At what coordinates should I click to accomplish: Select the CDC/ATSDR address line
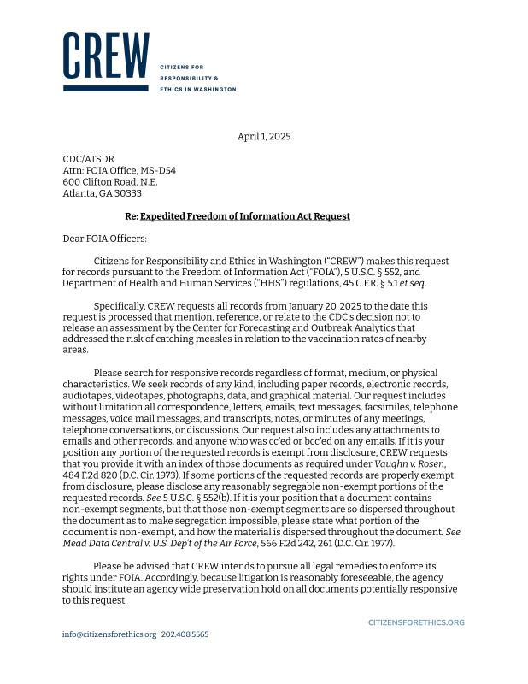tap(88, 159)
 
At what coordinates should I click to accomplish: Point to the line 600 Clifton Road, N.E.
tap(110, 182)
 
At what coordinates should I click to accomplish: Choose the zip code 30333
tap(128, 193)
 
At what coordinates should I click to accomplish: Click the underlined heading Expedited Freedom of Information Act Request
tap(245, 216)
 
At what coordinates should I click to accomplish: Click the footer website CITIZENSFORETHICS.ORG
tap(416, 622)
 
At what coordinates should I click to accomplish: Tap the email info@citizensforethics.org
tap(109, 634)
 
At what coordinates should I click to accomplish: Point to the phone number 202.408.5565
tap(185, 634)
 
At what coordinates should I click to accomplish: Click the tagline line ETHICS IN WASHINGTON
tap(197, 89)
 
